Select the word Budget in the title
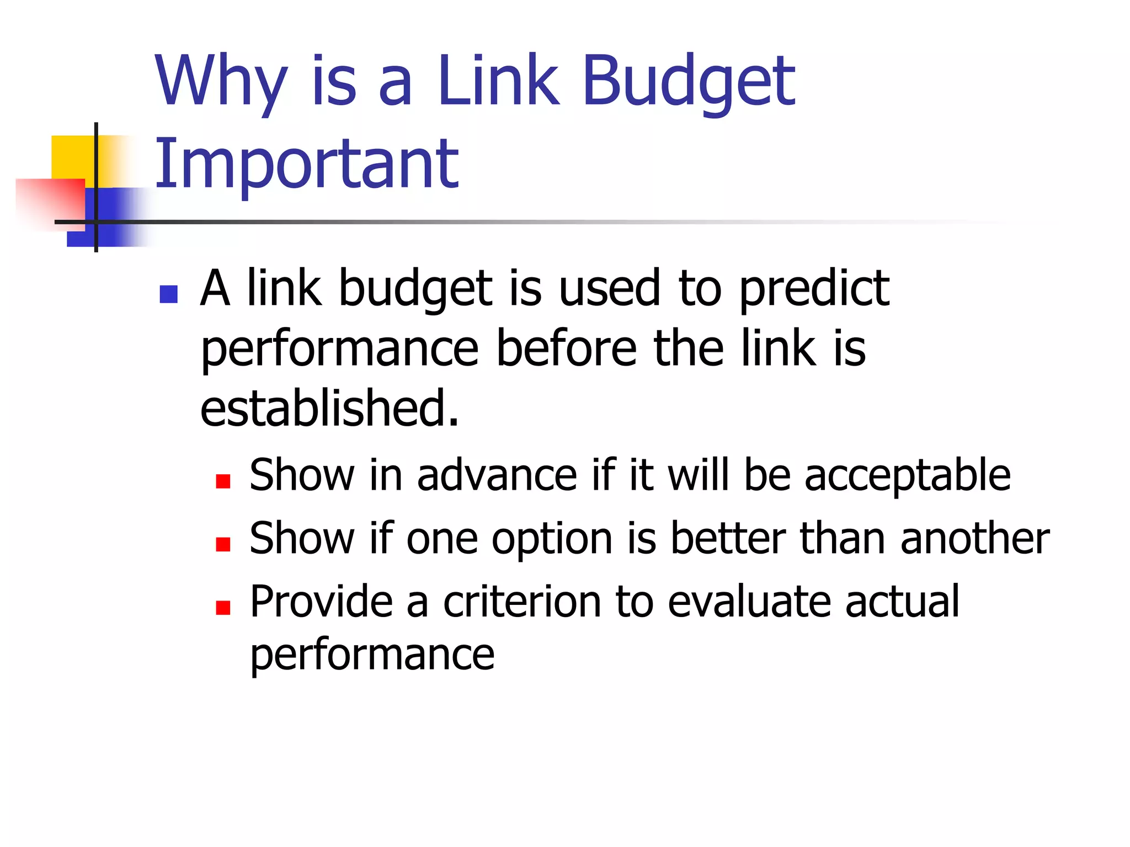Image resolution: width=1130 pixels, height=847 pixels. (688, 83)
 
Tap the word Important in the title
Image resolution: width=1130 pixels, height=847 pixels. (307, 164)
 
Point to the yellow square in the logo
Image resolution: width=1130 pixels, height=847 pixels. (72, 156)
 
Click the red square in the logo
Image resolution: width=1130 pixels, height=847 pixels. (52, 201)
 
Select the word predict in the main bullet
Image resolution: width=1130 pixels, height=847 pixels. (814, 289)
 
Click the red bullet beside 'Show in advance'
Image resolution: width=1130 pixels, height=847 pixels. (223, 481)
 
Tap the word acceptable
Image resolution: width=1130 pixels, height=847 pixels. (907, 475)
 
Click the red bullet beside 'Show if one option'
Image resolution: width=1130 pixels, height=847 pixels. (223, 545)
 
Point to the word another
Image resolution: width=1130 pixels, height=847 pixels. (975, 539)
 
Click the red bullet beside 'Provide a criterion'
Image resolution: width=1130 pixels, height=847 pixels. (223, 608)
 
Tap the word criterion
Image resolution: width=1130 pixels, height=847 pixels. (522, 602)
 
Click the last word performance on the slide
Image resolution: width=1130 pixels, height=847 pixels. (372, 656)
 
